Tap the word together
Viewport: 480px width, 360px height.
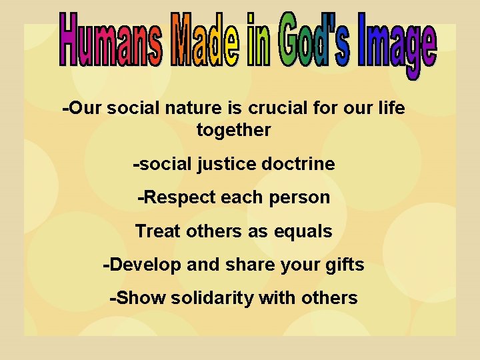pos(233,130)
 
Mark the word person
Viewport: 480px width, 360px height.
pos(301,198)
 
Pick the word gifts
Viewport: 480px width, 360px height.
pos(343,265)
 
